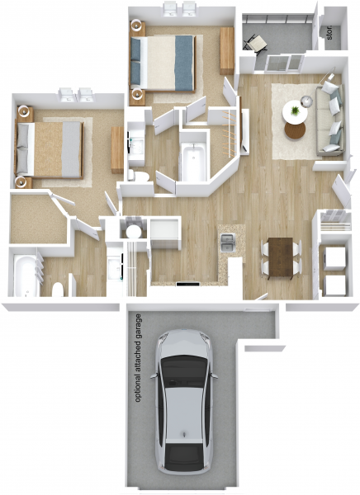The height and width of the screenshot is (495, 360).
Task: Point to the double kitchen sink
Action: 229,243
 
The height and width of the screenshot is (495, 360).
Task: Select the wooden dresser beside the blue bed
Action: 226,50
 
